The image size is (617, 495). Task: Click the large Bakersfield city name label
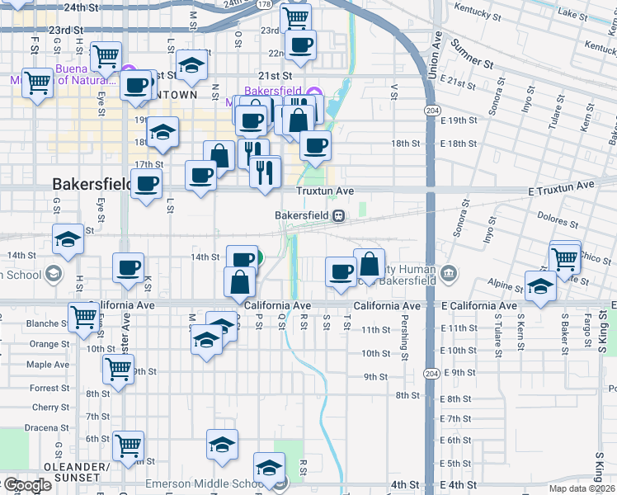click(x=91, y=183)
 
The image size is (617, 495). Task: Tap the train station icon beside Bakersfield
click(x=338, y=215)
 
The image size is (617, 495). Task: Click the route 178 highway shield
click(x=263, y=4)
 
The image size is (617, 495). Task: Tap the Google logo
click(x=26, y=485)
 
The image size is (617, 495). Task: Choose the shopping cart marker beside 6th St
click(x=129, y=445)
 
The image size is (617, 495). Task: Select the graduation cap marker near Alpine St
click(x=540, y=285)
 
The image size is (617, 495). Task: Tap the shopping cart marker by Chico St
click(x=565, y=257)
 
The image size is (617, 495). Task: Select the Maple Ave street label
click(x=48, y=365)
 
